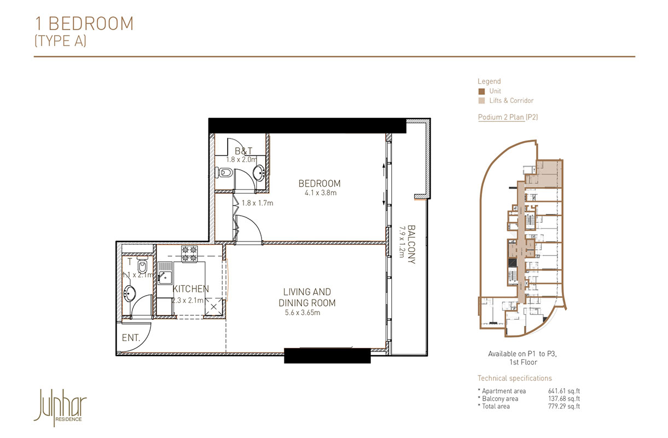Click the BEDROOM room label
(x=320, y=183)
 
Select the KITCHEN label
(x=190, y=289)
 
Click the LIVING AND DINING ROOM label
(x=307, y=297)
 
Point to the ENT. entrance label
(x=131, y=338)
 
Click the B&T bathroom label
(x=243, y=151)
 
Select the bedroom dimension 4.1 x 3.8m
(x=320, y=193)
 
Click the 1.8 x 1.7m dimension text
(x=258, y=203)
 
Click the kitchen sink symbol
(x=165, y=274)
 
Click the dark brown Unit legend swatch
(x=481, y=91)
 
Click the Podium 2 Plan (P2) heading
(x=508, y=117)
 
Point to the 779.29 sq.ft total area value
(x=564, y=406)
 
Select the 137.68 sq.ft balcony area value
(x=564, y=399)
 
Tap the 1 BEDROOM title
(x=84, y=24)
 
